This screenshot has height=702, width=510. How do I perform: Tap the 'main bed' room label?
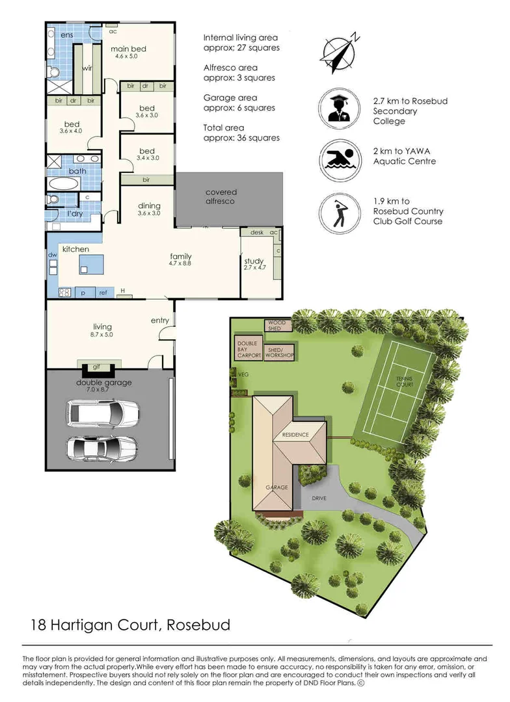128,49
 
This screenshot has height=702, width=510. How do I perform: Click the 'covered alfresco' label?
221,197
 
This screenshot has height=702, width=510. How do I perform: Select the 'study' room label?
254,262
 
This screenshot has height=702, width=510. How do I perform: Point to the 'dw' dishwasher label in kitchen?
52,256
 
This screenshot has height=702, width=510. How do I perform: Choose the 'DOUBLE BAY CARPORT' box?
248,349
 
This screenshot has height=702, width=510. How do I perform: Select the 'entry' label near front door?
159,320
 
